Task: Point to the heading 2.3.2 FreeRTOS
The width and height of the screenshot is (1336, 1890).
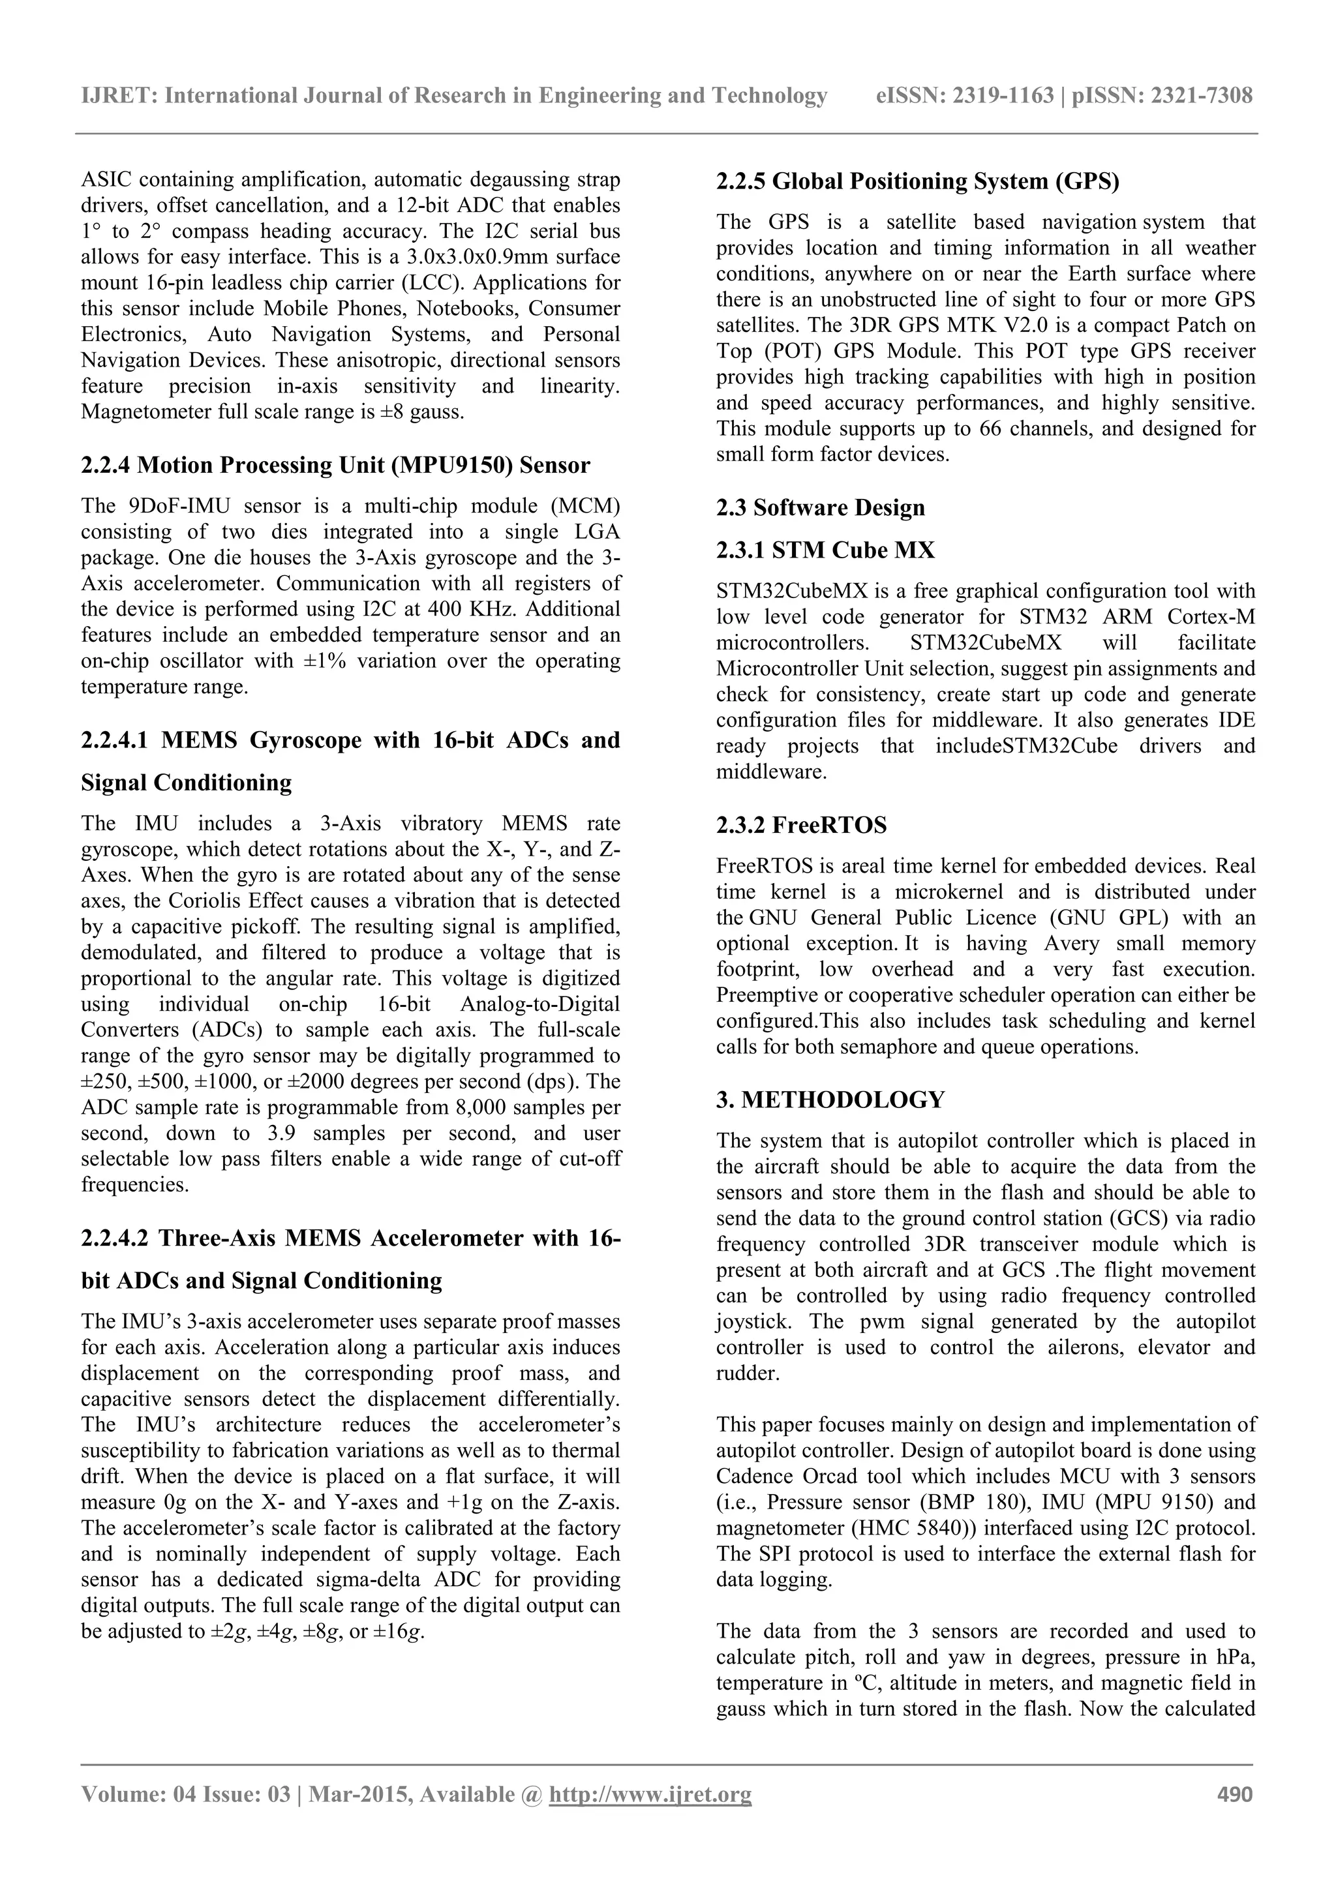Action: point(801,825)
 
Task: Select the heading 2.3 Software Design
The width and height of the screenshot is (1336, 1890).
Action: point(820,508)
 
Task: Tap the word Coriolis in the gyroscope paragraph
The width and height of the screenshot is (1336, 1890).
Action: point(312,901)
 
